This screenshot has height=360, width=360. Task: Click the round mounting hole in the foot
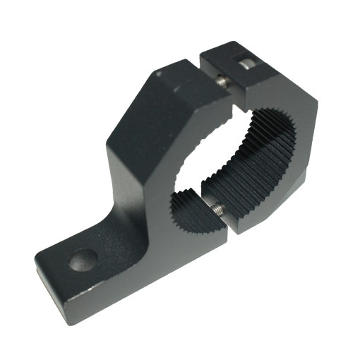point(83,260)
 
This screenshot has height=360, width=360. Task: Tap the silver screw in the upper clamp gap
point(223,82)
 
